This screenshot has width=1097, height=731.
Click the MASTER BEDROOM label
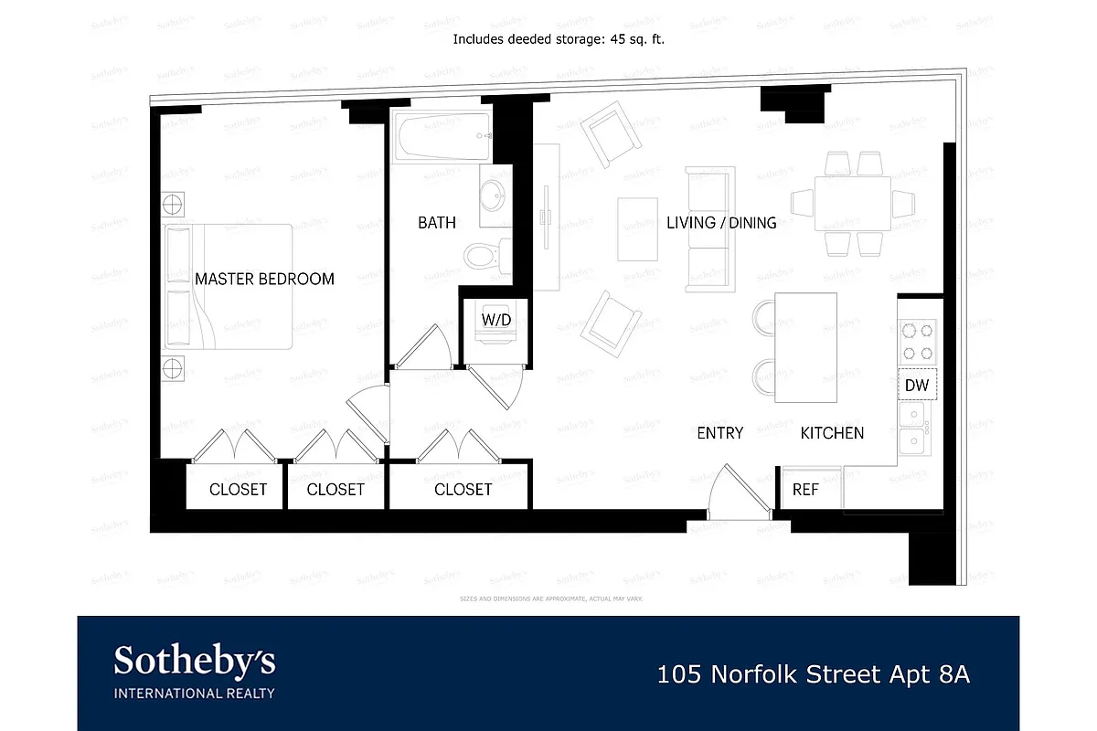click(x=264, y=279)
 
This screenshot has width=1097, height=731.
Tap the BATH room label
click(x=436, y=222)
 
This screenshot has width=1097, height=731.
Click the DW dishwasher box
click(x=916, y=386)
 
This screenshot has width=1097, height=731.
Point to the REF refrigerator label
click(x=804, y=490)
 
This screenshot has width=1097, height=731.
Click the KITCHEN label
click(x=832, y=432)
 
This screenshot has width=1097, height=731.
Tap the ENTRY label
click(x=719, y=432)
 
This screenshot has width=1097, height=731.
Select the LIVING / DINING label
click(x=721, y=222)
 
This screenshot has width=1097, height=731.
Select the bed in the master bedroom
click(x=229, y=285)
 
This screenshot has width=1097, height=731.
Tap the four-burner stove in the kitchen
click(x=917, y=342)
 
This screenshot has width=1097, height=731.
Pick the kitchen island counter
click(x=805, y=347)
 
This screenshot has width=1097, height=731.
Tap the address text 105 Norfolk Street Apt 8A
click(x=814, y=675)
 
